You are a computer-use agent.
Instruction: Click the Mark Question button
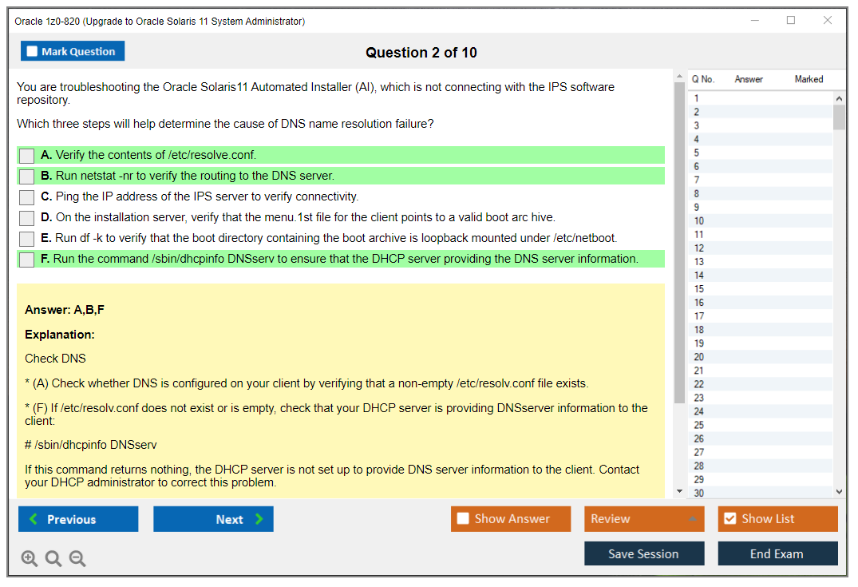tap(73, 51)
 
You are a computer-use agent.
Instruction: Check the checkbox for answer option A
tap(27, 156)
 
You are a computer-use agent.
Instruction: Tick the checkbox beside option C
tap(27, 197)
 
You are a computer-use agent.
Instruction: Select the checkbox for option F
tap(27, 260)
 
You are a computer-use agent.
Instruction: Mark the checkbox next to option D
tap(27, 218)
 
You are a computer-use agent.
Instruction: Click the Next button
tap(213, 519)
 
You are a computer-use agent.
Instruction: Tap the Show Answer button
tap(511, 518)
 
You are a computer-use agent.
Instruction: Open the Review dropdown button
tap(644, 518)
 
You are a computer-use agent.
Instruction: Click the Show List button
tap(777, 518)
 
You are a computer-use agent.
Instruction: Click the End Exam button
tap(777, 553)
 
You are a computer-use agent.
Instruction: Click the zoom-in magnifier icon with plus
tap(30, 558)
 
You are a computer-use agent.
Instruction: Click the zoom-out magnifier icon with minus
tap(77, 558)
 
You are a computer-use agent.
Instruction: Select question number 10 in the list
tap(698, 220)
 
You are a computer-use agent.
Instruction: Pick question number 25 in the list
tap(698, 425)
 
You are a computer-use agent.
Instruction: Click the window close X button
tap(828, 20)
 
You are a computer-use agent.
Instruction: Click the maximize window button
tap(791, 20)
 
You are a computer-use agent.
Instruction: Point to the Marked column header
tap(809, 79)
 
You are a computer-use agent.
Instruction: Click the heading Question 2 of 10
tap(421, 53)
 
